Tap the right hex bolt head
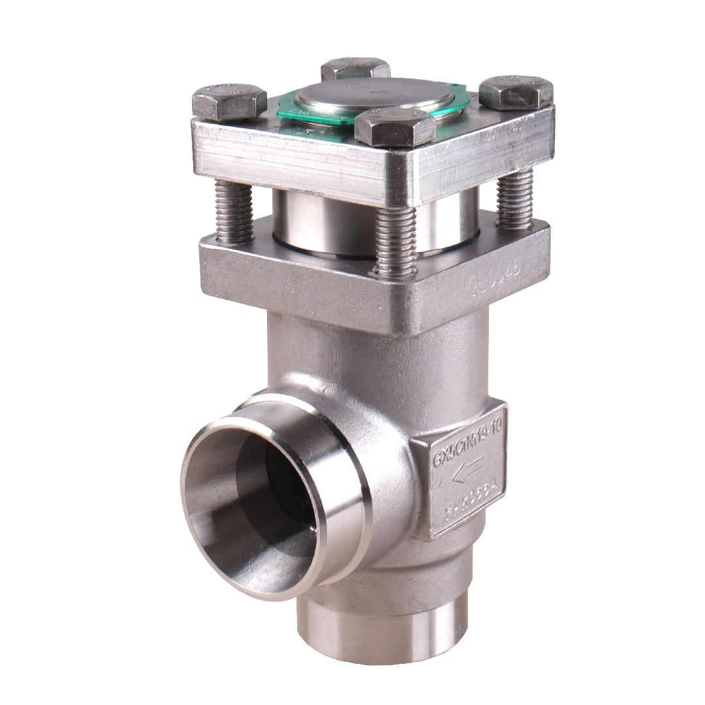516,92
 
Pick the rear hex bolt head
355,69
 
